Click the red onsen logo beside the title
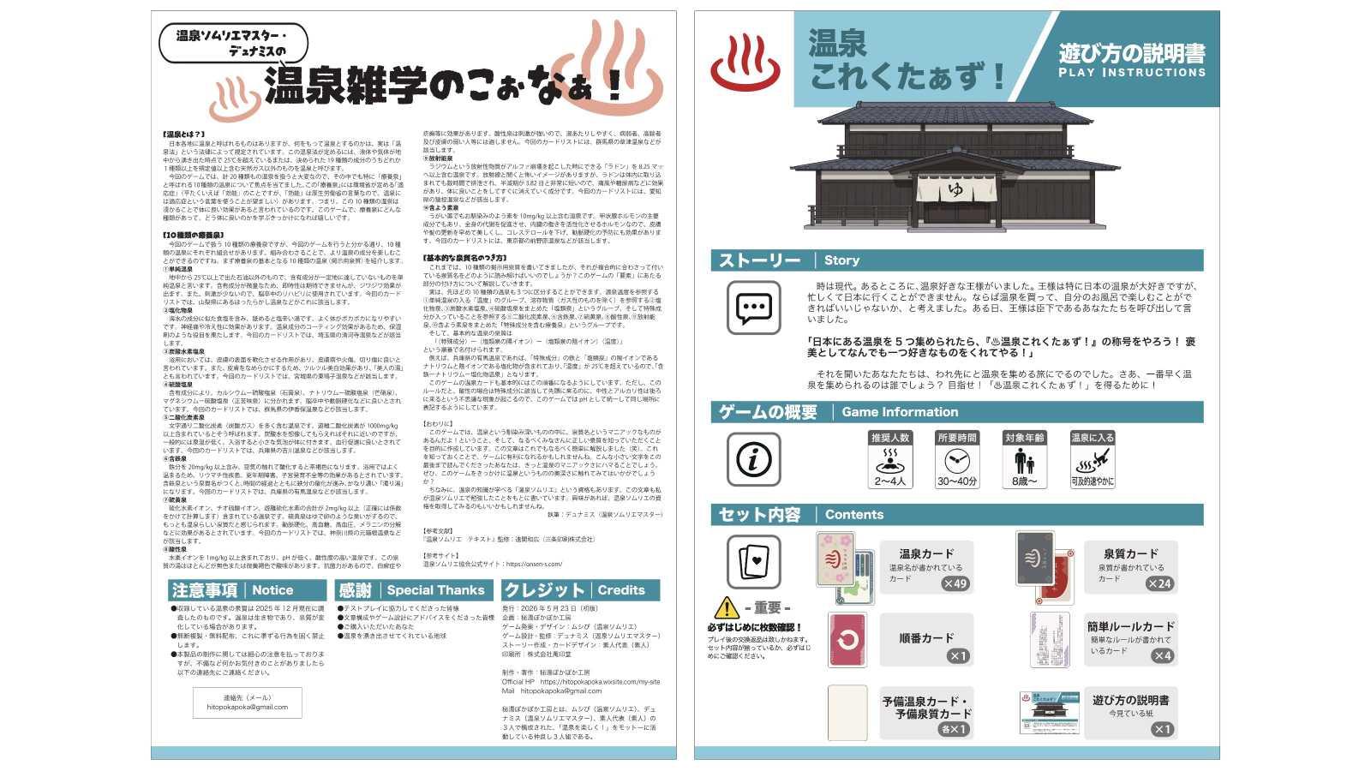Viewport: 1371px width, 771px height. coord(745,63)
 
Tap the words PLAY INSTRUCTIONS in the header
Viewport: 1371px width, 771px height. coord(1131,73)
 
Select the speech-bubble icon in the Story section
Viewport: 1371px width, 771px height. coord(753,308)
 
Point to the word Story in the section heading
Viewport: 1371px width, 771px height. coord(841,260)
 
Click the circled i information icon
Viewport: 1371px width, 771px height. coord(753,459)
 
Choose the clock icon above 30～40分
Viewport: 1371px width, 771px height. coord(956,460)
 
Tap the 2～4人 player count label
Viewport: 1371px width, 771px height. coord(889,481)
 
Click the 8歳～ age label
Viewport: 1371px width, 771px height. coord(1024,481)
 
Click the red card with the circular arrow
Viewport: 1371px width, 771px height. coord(847,640)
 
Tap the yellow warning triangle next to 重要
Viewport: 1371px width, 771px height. coord(726,607)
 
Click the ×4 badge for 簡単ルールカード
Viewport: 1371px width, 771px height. coord(1162,656)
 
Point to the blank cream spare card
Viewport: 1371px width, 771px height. coord(847,713)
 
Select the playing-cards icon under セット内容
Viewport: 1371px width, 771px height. coord(753,562)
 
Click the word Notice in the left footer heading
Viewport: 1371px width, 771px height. coord(272,590)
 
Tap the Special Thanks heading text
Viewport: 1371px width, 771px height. coord(435,590)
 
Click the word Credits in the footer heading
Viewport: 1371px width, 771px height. coord(621,590)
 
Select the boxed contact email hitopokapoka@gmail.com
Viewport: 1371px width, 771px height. coord(247,707)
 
